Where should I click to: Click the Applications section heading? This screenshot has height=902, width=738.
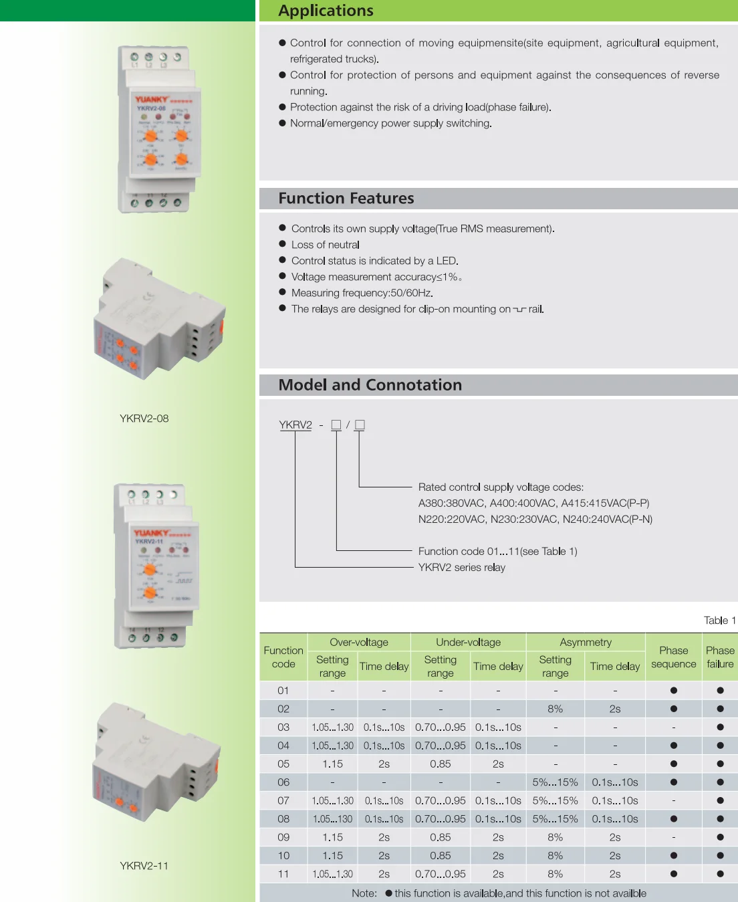pyautogui.click(x=326, y=11)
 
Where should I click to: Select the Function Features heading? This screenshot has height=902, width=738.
pyautogui.click(x=346, y=199)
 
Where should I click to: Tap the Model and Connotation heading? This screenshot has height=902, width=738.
pyautogui.click(x=370, y=385)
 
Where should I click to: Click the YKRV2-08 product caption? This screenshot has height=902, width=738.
pyautogui.click(x=144, y=419)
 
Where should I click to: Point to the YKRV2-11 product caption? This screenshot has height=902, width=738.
pyautogui.click(x=144, y=866)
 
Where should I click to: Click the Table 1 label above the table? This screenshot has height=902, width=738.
pyautogui.click(x=719, y=621)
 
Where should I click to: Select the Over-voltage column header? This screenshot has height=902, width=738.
pyautogui.click(x=359, y=643)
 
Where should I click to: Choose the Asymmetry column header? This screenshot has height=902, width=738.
pyautogui.click(x=586, y=643)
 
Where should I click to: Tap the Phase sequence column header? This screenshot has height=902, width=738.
pyautogui.click(x=673, y=657)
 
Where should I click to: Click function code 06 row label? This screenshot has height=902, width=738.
pyautogui.click(x=283, y=782)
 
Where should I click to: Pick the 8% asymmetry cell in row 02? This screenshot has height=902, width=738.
pyautogui.click(x=555, y=709)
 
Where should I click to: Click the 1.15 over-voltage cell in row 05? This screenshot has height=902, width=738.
pyautogui.click(x=332, y=764)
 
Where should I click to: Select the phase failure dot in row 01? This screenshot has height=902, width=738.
pyautogui.click(x=720, y=691)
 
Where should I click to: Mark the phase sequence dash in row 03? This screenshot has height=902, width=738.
pyautogui.click(x=673, y=727)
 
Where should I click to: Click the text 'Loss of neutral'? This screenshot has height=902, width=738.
pyautogui.click(x=325, y=245)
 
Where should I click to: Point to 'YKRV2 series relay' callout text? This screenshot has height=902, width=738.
pyautogui.click(x=461, y=568)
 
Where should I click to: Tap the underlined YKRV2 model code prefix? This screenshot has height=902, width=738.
pyautogui.click(x=295, y=425)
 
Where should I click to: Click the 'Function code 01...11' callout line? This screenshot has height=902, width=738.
pyautogui.click(x=497, y=552)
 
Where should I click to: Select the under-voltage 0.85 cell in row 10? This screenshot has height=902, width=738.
pyautogui.click(x=440, y=856)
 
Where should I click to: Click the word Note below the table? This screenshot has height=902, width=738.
pyautogui.click(x=364, y=893)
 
